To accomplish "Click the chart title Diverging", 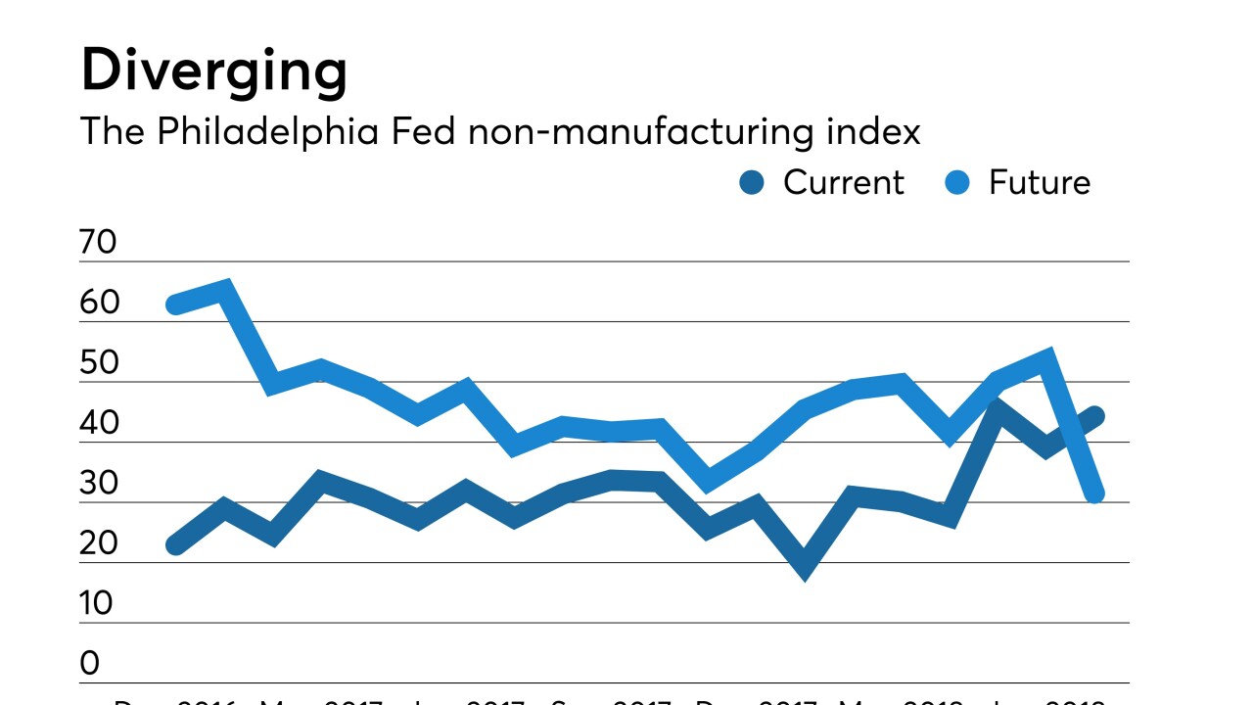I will pyautogui.click(x=213, y=71).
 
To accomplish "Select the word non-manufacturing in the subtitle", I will pyautogui.click(x=639, y=131).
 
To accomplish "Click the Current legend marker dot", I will pyautogui.click(x=752, y=182).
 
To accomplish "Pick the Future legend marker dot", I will pyautogui.click(x=958, y=182).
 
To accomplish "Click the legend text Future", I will pyautogui.click(x=1039, y=182).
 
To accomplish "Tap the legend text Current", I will pyautogui.click(x=843, y=182).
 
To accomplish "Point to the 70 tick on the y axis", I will pyautogui.click(x=99, y=243).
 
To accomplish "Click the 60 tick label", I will pyautogui.click(x=99, y=304).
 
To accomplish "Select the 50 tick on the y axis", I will pyautogui.click(x=99, y=363).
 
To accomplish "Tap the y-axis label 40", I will pyautogui.click(x=99, y=424).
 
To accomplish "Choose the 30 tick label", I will pyautogui.click(x=99, y=484).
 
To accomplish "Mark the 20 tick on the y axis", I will pyautogui.click(x=99, y=544).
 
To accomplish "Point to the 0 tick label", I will pyautogui.click(x=90, y=664).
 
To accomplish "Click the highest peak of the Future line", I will pyautogui.click(x=224, y=289).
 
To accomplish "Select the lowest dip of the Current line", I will pyautogui.click(x=805, y=568).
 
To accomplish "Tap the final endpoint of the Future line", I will pyautogui.click(x=1095, y=494).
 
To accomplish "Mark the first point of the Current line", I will pyautogui.click(x=176, y=544).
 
